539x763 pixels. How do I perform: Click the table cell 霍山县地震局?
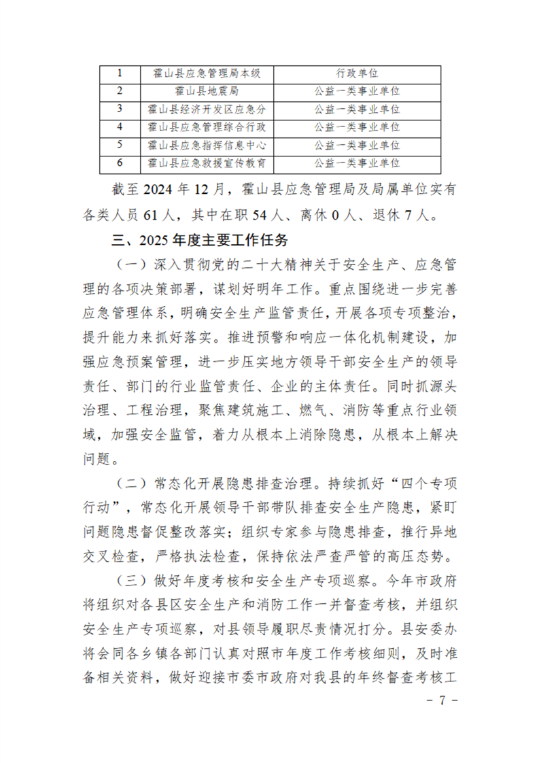207,90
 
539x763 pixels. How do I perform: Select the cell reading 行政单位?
357,73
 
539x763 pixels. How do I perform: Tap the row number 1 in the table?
120,73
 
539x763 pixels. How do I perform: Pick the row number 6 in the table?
120,163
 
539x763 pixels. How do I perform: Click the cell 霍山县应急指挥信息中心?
207,145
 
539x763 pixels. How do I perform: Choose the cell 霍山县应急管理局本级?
207,73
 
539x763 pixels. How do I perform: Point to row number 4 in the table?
120,127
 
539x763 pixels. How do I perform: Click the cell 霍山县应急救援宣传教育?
207,163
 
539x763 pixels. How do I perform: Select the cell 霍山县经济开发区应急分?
207,109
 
